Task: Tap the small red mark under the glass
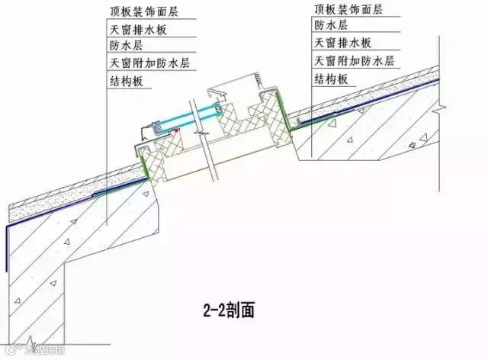click(178, 131)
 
